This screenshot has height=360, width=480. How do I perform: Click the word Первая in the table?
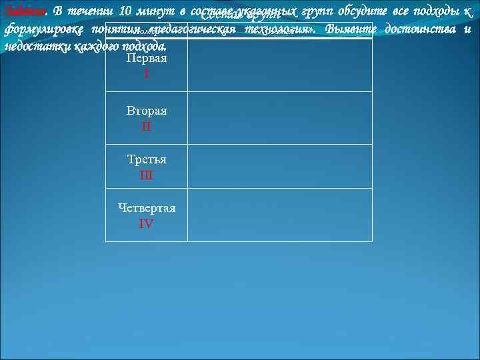coord(146,59)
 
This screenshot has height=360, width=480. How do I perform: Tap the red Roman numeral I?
coord(146,75)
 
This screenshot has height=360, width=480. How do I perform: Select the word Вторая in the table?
coord(147,110)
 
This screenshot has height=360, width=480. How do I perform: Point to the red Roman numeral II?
coord(146,126)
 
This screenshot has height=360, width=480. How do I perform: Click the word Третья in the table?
coord(147,160)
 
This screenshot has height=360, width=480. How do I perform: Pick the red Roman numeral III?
coord(146,176)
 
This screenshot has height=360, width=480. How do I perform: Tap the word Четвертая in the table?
coord(147,208)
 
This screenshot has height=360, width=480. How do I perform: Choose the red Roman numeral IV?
coord(146,224)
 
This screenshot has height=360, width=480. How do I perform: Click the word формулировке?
coord(43,31)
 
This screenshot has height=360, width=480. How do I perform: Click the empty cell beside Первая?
coord(279,65)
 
